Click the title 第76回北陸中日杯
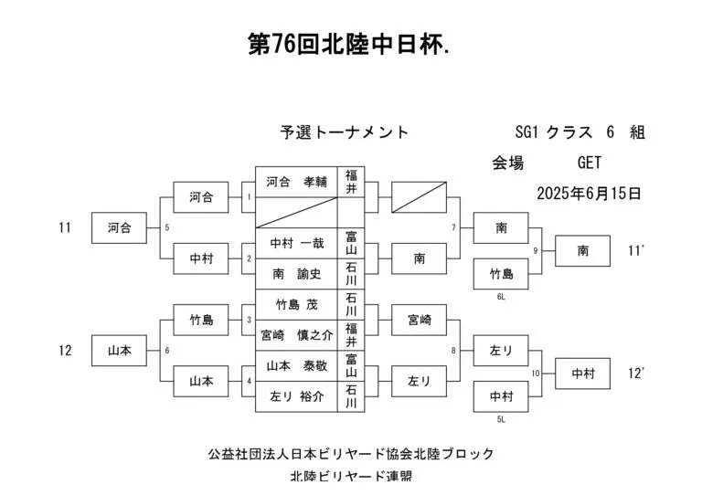(x=348, y=45)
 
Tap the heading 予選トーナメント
(x=345, y=132)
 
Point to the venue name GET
(x=590, y=163)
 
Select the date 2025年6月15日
(x=589, y=194)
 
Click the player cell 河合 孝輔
(x=296, y=182)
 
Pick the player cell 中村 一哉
(x=296, y=243)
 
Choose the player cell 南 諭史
(x=296, y=274)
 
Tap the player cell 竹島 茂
(x=296, y=304)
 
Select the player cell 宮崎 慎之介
(x=296, y=335)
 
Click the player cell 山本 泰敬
(x=296, y=366)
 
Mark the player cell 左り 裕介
(x=296, y=396)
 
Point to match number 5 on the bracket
(x=167, y=227)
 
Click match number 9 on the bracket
(x=535, y=251)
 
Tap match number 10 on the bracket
(x=536, y=374)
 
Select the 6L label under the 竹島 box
(x=501, y=297)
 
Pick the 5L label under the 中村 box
(x=501, y=419)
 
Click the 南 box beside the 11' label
(x=582, y=251)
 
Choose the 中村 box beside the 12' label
(x=582, y=374)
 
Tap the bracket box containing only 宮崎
(x=419, y=320)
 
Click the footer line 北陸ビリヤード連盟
(x=351, y=476)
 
